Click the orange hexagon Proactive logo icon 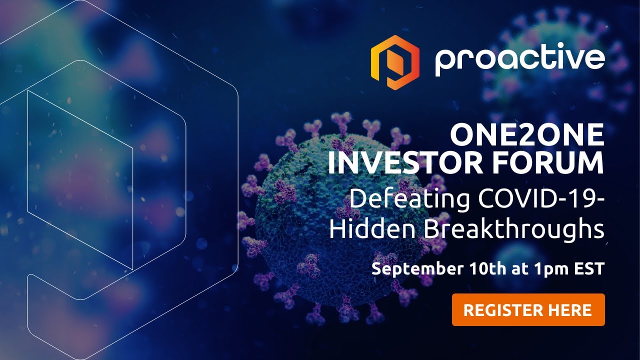(x=395, y=62)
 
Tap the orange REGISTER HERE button (x=528, y=309)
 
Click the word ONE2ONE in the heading (x=527, y=135)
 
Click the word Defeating (x=410, y=199)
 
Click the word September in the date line (x=417, y=269)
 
